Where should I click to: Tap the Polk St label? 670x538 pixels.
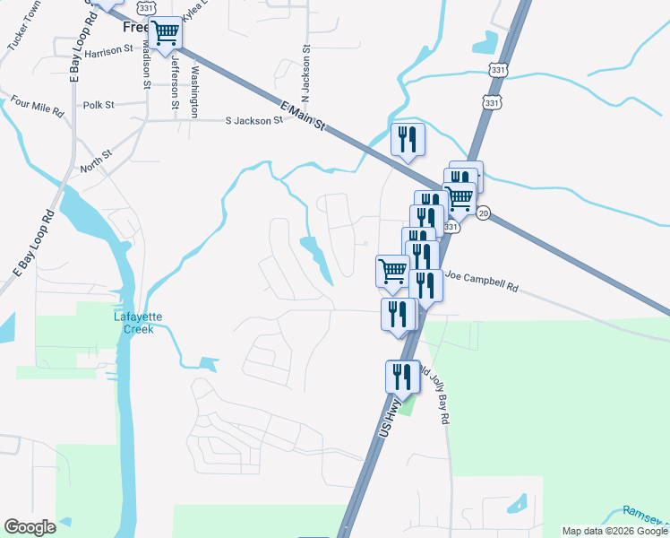click(99, 105)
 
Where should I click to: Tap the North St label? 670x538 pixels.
click(95, 161)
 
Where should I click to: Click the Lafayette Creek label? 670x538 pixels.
click(133, 323)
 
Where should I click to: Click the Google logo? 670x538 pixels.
click(30, 527)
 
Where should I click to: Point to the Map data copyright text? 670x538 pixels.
click(614, 531)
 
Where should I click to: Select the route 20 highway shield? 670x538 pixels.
click(484, 213)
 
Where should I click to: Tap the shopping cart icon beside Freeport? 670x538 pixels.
click(165, 33)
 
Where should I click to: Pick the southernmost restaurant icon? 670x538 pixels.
click(403, 377)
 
